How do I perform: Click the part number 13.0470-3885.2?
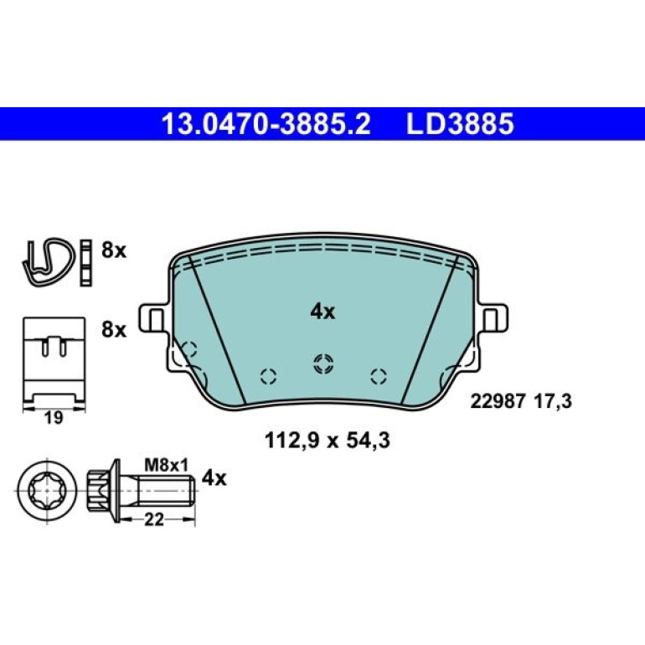[266, 124]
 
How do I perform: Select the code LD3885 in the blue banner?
[460, 124]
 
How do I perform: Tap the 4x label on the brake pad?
[322, 312]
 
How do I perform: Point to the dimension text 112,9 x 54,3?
[327, 441]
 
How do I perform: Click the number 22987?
[498, 401]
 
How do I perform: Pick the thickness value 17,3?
[553, 401]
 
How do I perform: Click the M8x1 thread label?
[166, 466]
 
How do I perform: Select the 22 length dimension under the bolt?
[154, 519]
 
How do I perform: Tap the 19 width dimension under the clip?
[54, 418]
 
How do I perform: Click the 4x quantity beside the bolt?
[214, 478]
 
